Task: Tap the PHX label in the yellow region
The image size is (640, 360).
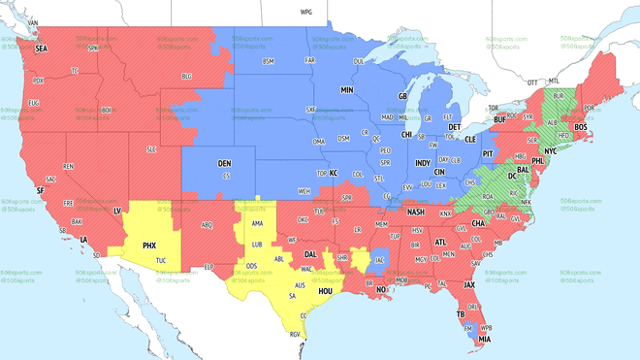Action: pos(149,245)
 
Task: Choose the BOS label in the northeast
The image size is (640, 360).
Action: pos(581,127)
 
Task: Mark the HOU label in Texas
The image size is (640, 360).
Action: pos(326,291)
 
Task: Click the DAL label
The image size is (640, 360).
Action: pos(311,254)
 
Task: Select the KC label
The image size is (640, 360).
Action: pos(333,173)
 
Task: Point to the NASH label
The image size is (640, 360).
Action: pos(417,212)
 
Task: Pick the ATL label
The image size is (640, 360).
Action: pos(441,242)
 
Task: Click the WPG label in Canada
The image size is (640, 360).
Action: pos(306,13)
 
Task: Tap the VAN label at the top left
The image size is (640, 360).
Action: pos(32,21)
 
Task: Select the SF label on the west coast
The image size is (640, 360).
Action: pos(40,191)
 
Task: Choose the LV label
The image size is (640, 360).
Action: pos(117,211)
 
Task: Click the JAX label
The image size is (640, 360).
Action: pos(469,285)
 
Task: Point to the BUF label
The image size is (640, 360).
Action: pos(500,119)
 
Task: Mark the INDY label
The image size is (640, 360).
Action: pos(422,163)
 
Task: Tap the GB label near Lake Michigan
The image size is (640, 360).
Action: pos(403,97)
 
